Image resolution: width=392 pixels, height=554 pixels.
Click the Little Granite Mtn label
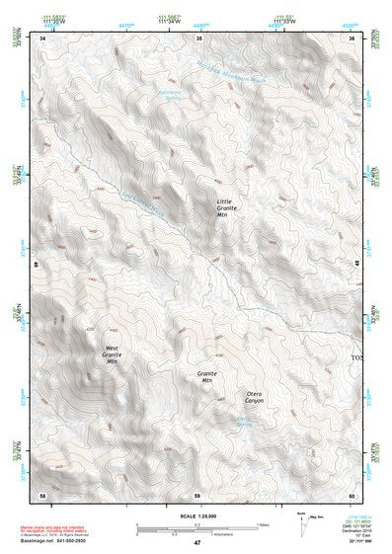227,213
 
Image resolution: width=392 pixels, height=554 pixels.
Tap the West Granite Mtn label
112,355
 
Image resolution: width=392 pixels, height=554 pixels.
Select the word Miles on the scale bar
262,523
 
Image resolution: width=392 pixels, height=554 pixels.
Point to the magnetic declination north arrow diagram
302,523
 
